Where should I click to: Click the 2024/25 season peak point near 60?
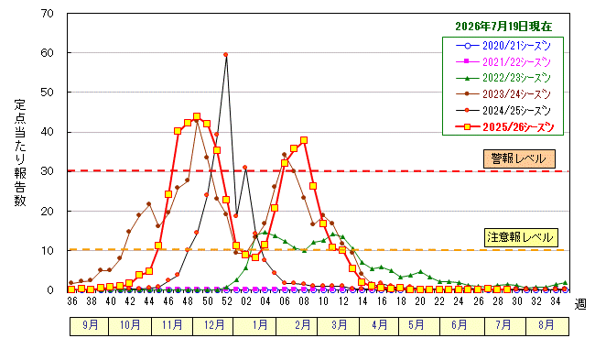tap(226, 55)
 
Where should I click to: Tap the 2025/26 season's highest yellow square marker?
tap(197, 116)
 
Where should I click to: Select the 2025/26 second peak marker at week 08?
tap(304, 140)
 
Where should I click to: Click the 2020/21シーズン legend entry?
tap(503, 46)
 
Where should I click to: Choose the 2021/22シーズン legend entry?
tap(503, 62)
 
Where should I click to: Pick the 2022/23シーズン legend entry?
tap(503, 78)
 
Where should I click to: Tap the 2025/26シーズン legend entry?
tap(504, 127)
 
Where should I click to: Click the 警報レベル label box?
tap(519, 158)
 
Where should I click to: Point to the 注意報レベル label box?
tap(521, 238)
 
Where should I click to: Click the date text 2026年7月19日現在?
tap(503, 27)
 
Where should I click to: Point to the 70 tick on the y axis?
tap(47, 14)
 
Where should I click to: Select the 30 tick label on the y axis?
tap(47, 171)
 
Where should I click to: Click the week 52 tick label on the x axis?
tap(226, 301)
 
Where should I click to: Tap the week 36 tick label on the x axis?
tap(72, 301)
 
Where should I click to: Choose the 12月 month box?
tap(213, 325)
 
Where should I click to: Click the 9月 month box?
tap(89, 325)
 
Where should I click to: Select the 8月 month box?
tap(547, 325)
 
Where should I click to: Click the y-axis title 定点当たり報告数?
tap(20, 153)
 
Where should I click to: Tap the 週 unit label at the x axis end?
tap(580, 304)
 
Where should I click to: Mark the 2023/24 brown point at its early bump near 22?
tap(148, 204)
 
